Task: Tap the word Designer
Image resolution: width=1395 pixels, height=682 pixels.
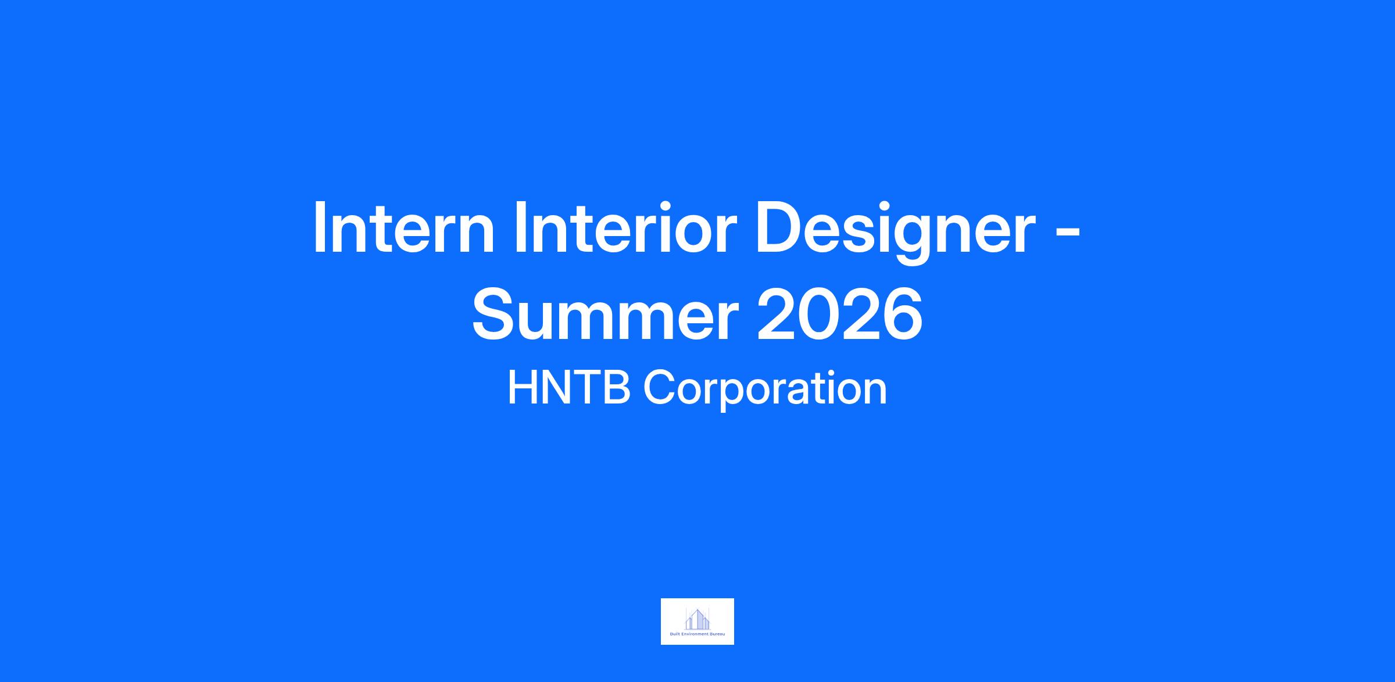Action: (x=896, y=231)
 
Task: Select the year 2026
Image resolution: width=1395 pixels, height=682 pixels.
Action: (x=840, y=315)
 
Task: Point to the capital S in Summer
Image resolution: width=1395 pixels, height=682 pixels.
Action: (x=495, y=315)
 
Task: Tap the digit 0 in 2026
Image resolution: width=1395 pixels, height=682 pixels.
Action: (x=819, y=315)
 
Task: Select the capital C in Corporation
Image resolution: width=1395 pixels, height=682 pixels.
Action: (x=659, y=388)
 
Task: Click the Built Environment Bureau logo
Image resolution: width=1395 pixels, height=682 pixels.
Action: (x=697, y=622)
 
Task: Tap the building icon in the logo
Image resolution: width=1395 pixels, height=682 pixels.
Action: (x=697, y=619)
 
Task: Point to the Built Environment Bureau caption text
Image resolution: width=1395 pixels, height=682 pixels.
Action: (x=697, y=634)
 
